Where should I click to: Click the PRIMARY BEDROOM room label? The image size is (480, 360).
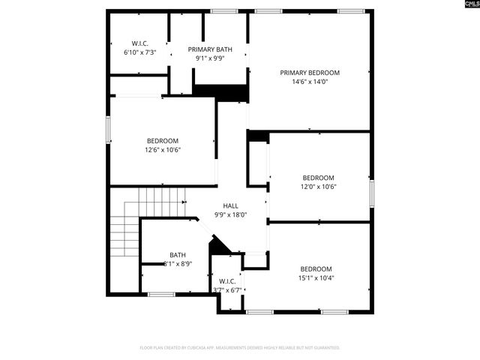pos(310,73)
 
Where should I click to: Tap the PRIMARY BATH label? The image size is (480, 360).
pos(210,49)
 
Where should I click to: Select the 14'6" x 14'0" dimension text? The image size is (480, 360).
pos(310,82)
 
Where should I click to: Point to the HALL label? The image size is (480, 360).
pos(230,205)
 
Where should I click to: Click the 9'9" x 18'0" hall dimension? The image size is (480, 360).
pos(230,214)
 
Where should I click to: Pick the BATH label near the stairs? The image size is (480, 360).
pos(178,255)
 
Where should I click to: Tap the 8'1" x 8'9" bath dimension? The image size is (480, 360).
pos(178,264)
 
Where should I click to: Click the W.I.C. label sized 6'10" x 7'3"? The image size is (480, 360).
pos(139,43)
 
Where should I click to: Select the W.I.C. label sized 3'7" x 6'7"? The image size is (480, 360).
pos(227,281)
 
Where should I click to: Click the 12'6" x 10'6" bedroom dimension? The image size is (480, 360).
pos(163,150)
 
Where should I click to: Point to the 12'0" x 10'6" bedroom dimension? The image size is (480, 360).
pos(318,187)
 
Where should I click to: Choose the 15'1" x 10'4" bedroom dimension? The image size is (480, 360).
pos(316,278)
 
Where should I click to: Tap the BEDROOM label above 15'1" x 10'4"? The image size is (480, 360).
pos(316,269)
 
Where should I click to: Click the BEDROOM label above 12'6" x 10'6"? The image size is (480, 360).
pos(163,141)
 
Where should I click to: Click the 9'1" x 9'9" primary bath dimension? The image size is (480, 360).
pos(210,58)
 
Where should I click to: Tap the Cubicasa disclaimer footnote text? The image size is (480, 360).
pos(240,348)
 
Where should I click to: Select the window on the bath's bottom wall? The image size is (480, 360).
pos(160,294)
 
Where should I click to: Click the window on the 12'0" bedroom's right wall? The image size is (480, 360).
pos(371,190)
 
